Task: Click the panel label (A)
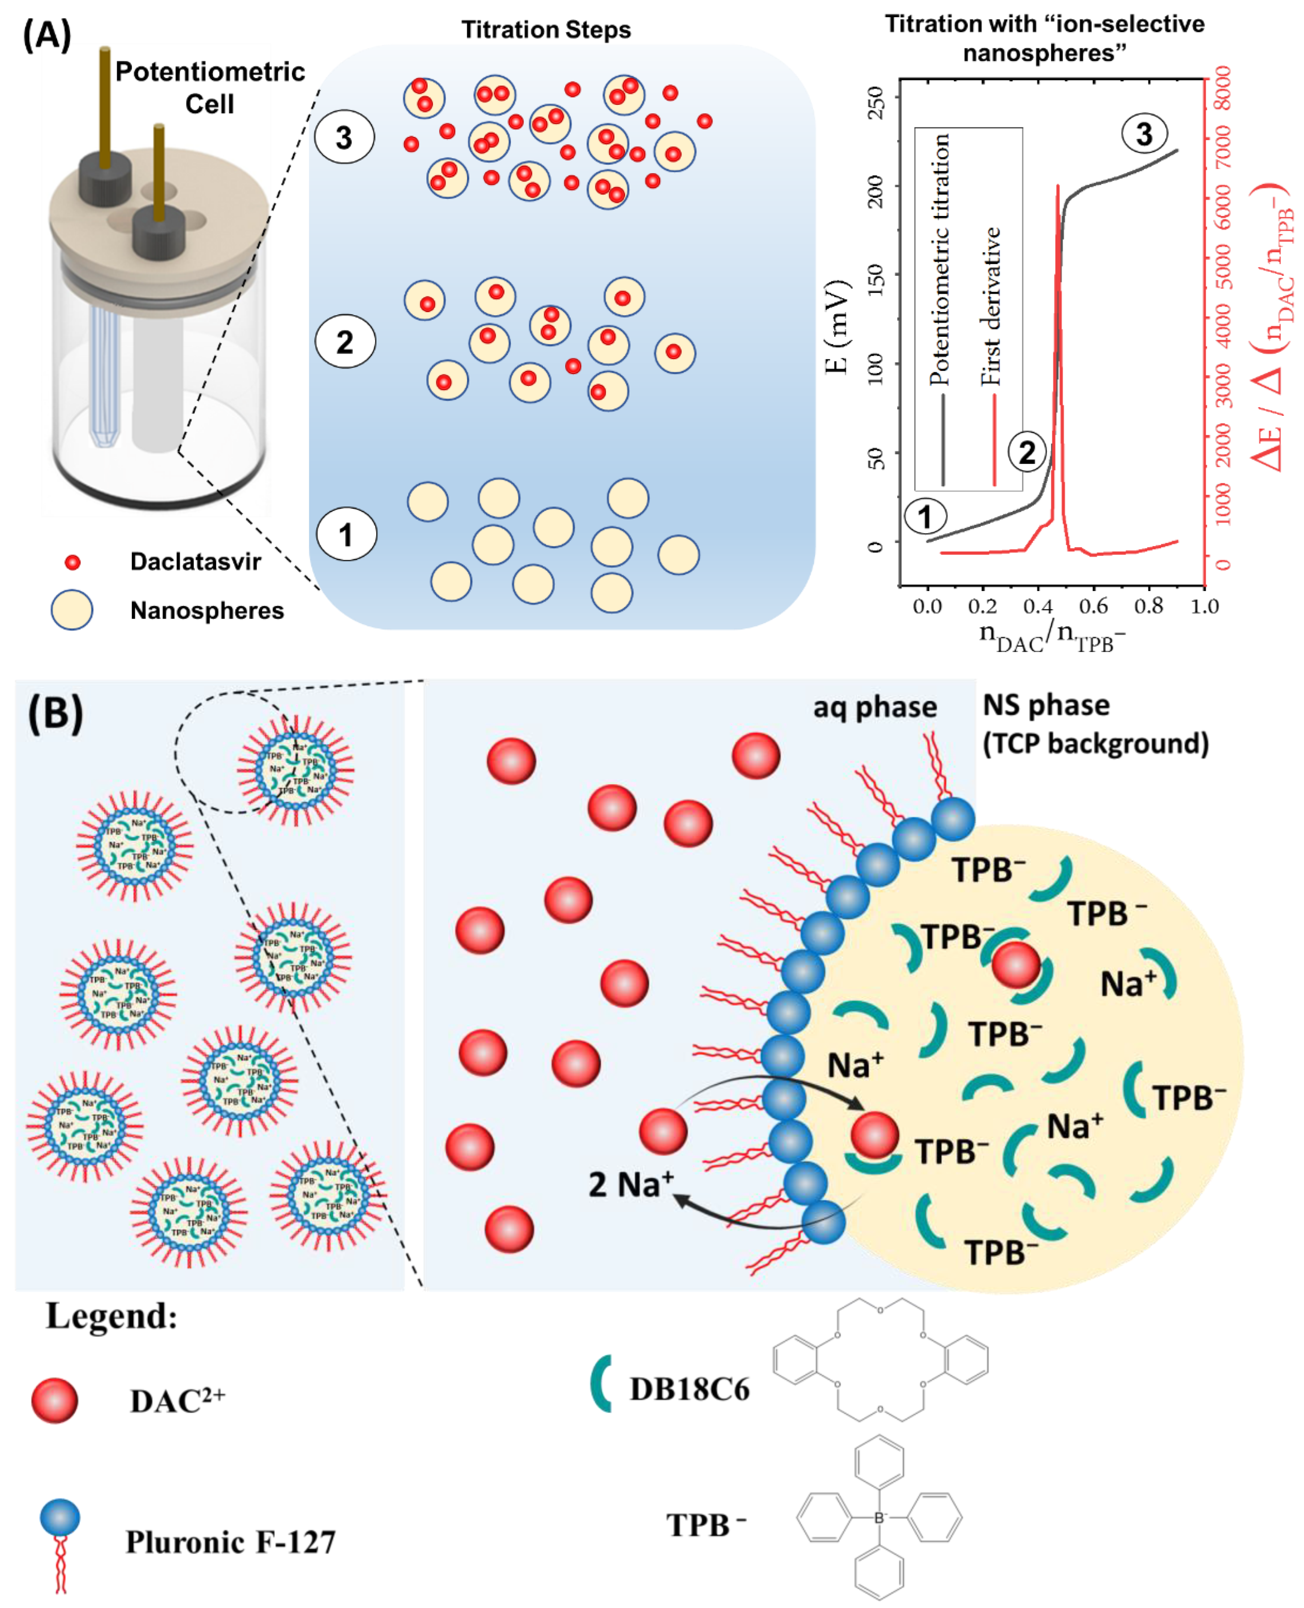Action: [47, 35]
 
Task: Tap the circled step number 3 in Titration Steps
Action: [344, 137]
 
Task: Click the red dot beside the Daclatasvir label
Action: [72, 562]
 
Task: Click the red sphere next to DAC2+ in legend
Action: [54, 1401]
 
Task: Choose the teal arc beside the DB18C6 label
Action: [600, 1383]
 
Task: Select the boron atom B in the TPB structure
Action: [879, 1518]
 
